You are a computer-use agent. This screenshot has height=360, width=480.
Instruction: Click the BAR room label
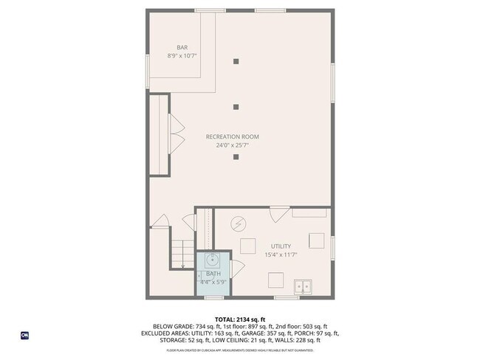(x=182, y=47)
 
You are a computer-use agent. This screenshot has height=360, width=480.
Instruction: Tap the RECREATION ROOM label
(x=232, y=136)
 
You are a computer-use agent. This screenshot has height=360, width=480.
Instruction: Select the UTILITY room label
(x=281, y=246)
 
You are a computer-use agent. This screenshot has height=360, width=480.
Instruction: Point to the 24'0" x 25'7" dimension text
(x=232, y=145)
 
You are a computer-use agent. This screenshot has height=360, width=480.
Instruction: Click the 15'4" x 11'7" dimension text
(x=281, y=255)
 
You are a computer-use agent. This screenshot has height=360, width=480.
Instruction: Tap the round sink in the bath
(x=213, y=260)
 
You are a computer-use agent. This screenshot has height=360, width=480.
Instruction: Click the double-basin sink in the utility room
(x=303, y=285)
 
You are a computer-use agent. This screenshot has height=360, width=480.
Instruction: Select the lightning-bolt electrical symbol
(x=239, y=224)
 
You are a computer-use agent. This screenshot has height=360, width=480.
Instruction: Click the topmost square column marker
(x=236, y=61)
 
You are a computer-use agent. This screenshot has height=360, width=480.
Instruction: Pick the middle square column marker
(x=236, y=108)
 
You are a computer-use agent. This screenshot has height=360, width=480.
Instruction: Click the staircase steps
(x=182, y=255)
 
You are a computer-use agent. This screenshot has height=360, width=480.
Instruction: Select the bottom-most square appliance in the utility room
(x=275, y=280)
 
